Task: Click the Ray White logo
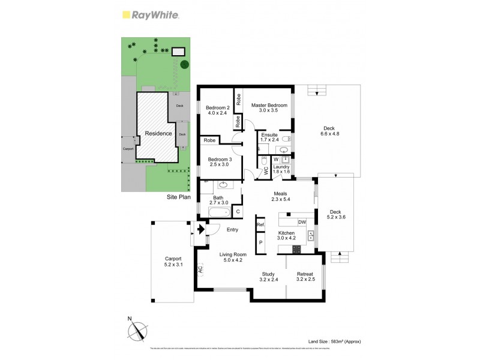[149, 15]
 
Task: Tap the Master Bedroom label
[269, 108]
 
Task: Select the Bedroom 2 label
[217, 109]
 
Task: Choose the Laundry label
[281, 169]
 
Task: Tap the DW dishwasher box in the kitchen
[302, 223]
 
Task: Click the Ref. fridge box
[261, 225]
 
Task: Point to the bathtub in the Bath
[214, 212]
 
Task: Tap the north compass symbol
[140, 331]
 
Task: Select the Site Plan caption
[179, 197]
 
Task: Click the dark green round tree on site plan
[185, 64]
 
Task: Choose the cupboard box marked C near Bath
[238, 211]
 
